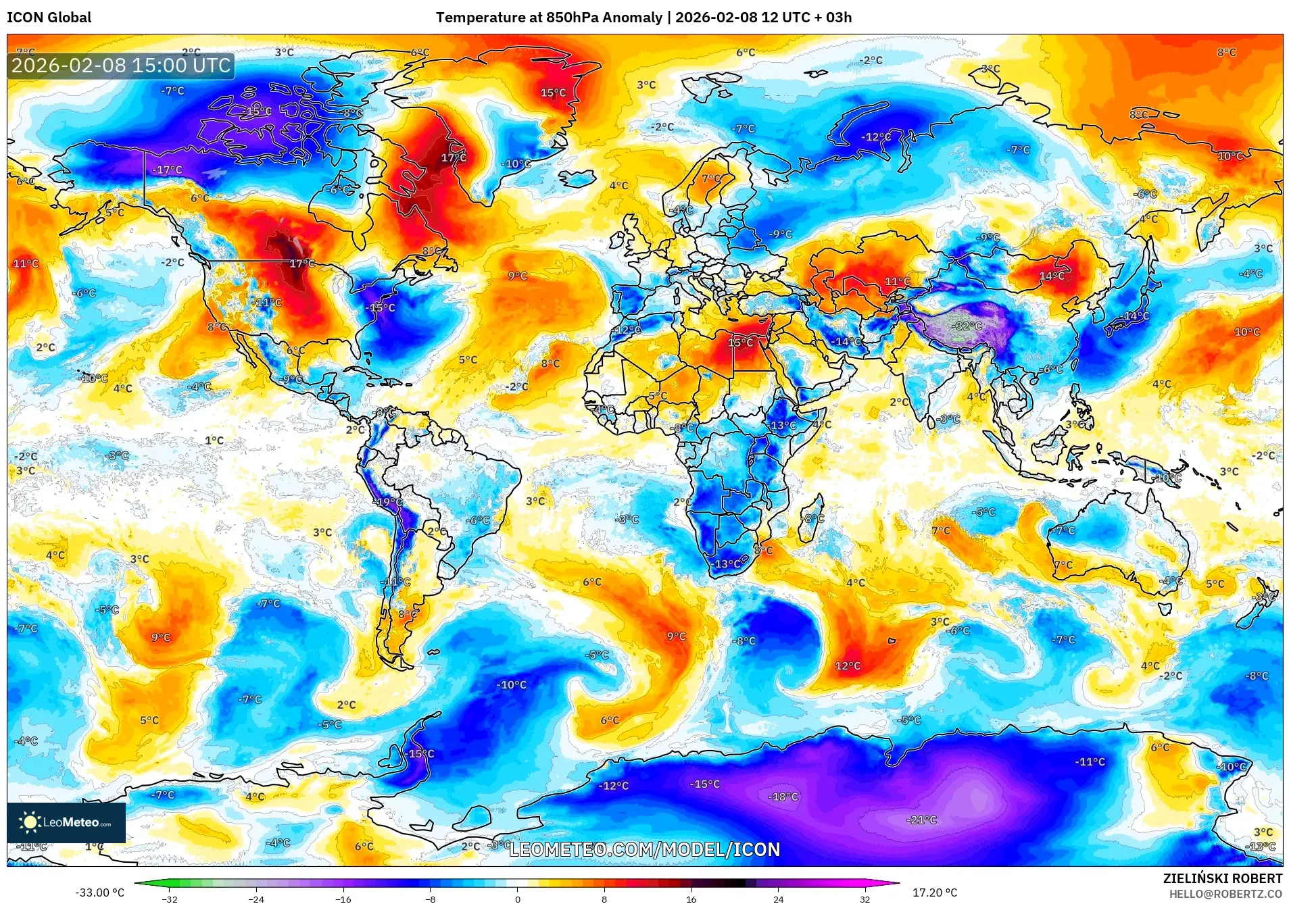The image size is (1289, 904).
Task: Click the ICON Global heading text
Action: [x=49, y=18]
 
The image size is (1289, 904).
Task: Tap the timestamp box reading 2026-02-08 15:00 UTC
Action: [x=121, y=66]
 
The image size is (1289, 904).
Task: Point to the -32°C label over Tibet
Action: [x=967, y=326]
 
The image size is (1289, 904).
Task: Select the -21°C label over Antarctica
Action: [x=922, y=820]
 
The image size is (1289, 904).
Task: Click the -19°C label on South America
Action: [x=389, y=502]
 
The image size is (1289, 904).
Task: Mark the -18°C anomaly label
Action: [x=783, y=797]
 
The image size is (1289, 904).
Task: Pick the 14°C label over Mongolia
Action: [x=1052, y=276]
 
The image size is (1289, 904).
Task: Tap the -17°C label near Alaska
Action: [x=167, y=170]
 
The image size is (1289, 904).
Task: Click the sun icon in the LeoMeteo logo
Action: [x=30, y=822]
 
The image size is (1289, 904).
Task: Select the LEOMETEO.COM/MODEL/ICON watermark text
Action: [x=644, y=849]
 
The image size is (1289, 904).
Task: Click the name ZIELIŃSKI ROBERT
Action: [x=1222, y=878]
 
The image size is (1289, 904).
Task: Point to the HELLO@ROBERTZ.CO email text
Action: [x=1225, y=894]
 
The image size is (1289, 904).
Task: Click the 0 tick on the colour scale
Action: [x=518, y=899]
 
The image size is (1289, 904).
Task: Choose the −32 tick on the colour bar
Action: [x=170, y=899]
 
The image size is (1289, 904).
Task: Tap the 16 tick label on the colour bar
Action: [x=691, y=899]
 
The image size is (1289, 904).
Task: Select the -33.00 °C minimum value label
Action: [x=99, y=893]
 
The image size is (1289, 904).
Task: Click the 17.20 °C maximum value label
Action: [x=935, y=893]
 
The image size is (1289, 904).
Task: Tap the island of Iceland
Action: [x=576, y=178]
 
